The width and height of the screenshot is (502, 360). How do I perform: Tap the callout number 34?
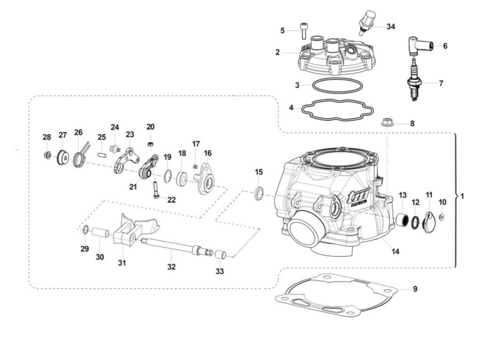pos(390,27)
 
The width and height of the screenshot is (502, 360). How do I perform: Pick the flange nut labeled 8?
pos(386,123)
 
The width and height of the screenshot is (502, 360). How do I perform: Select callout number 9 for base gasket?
pos(415,289)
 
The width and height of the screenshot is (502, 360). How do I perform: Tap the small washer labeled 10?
pos(443,217)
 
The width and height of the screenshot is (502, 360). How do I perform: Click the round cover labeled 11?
pos(428,220)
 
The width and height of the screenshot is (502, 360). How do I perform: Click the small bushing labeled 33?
pos(220,255)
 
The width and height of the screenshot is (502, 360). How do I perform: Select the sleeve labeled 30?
pos(100,233)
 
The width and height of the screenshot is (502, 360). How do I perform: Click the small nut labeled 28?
pos(47,155)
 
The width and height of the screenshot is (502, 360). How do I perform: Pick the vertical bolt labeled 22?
pos(155,189)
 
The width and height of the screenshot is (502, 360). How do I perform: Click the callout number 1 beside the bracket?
pos(462,196)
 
